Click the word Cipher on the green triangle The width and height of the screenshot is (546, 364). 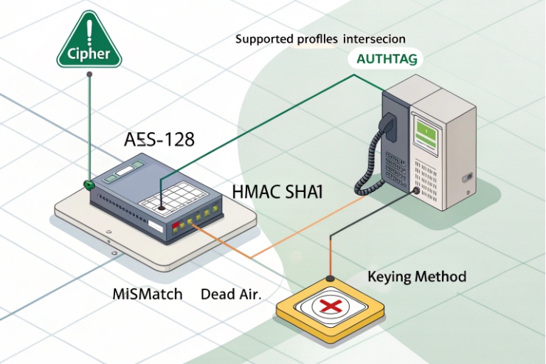click(89, 53)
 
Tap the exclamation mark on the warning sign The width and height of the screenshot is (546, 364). click(89, 32)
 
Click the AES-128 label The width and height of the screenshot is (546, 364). click(158, 140)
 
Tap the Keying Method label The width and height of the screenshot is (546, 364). click(416, 277)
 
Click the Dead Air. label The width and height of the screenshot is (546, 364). click(231, 293)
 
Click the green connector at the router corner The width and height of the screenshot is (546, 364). click(88, 184)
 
